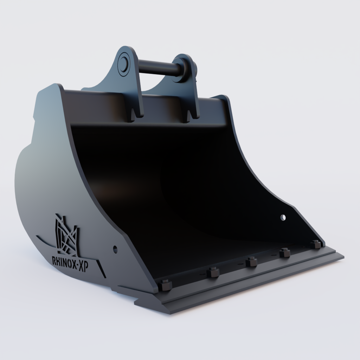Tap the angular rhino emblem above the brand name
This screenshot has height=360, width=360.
(66, 234)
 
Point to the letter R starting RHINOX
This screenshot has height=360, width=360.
(54, 261)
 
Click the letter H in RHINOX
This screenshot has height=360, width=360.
(59, 261)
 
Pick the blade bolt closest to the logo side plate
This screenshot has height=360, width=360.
(165, 284)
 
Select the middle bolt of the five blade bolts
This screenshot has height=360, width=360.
(251, 262)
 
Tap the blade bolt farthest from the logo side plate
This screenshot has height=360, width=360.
(316, 244)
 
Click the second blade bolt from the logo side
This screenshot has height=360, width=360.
(213, 272)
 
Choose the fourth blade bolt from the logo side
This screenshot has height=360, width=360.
(284, 252)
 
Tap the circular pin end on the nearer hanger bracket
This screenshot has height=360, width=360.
(123, 63)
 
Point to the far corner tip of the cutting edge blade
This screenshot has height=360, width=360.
(343, 256)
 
